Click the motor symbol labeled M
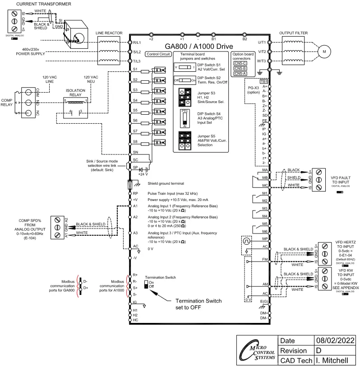[x=324, y=52]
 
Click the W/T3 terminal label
[x=262, y=61]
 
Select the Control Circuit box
[x=158, y=54]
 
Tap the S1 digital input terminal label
[x=135, y=69]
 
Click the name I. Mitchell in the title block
[x=336, y=361]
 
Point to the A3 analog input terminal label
[x=135, y=233]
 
